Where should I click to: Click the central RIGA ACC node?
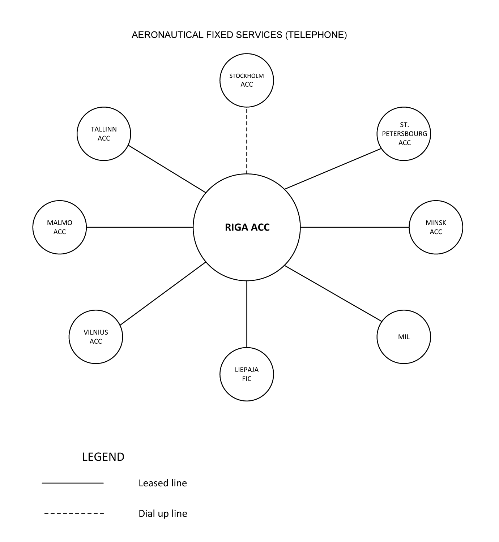[247, 227]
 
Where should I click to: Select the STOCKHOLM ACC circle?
[247, 80]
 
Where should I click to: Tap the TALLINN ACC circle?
[104, 134]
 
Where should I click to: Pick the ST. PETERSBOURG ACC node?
[404, 134]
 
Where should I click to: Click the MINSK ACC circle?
[436, 227]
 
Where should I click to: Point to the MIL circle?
[404, 337]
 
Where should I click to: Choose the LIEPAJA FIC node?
[247, 374]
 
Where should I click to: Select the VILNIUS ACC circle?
[96, 337]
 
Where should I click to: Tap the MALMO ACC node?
[60, 227]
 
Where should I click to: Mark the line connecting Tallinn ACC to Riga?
[167, 169]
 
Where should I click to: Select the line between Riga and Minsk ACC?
[354, 227]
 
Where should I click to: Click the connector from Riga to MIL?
[333, 293]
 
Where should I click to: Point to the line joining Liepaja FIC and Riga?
[247, 314]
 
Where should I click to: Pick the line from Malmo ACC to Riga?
[140, 227]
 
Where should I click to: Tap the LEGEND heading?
[103, 457]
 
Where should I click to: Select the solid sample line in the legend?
[73, 483]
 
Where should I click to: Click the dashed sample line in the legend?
[73, 513]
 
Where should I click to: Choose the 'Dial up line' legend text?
[163, 513]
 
